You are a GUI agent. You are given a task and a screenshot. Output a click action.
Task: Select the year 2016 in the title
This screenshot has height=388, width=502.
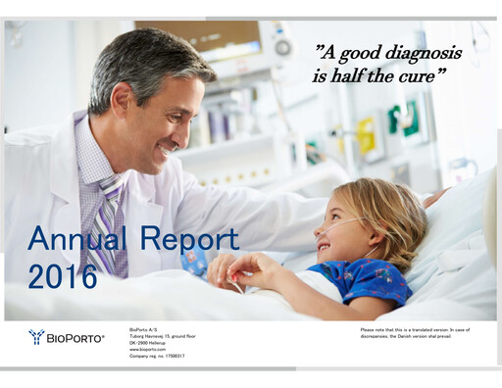click(x=63, y=275)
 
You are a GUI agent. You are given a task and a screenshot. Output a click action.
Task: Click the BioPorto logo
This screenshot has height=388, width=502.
click(x=66, y=337)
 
